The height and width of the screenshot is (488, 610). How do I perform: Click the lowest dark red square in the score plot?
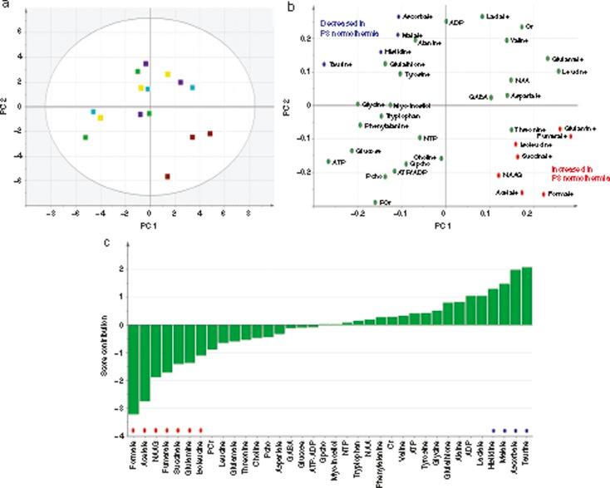pos(167,176)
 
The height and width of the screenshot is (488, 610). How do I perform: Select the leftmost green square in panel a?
pos(86,137)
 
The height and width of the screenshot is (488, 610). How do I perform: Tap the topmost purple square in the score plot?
pos(145,64)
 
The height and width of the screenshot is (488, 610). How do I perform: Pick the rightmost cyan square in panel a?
pos(193,87)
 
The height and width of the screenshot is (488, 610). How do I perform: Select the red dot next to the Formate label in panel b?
pos(544,195)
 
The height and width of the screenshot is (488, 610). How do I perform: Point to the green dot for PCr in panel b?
pos(375,202)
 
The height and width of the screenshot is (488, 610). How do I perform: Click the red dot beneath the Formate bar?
pos(133,430)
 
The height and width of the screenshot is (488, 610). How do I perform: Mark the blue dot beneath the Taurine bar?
pos(526,431)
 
